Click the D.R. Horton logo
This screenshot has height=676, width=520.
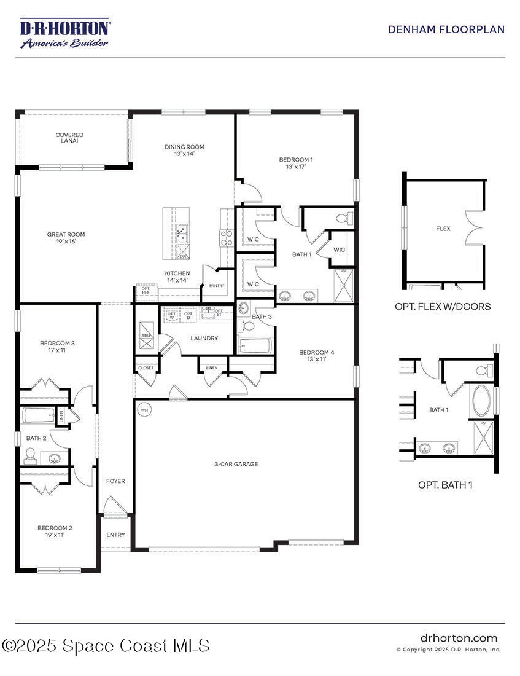(64, 33)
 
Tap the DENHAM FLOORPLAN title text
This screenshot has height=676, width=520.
(446, 29)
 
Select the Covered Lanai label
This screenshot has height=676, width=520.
(69, 138)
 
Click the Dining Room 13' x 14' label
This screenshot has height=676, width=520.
(184, 151)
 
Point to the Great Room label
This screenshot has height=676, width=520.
(66, 238)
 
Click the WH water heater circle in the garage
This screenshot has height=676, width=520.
(145, 409)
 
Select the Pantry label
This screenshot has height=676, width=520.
(217, 286)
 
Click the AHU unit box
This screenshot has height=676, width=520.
(146, 336)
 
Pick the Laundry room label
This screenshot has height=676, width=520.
(204, 338)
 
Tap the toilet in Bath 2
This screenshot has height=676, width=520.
(30, 455)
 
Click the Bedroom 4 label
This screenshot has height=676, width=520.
(317, 355)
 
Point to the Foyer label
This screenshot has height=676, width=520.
(115, 481)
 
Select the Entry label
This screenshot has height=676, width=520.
(115, 535)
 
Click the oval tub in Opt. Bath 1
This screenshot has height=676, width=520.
(479, 401)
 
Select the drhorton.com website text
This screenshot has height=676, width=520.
(459, 639)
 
